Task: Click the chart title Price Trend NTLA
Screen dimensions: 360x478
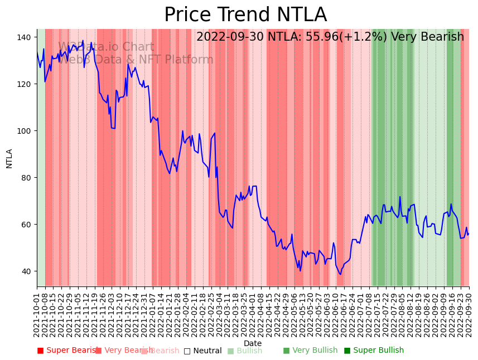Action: pyautogui.click(x=245, y=15)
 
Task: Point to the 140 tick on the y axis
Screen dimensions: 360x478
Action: pyautogui.click(x=24, y=37)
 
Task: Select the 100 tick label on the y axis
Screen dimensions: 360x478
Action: pyautogui.click(x=24, y=131)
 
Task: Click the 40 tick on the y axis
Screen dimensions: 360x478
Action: pyautogui.click(x=26, y=271)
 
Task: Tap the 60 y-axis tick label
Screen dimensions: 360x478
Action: pyautogui.click(x=26, y=225)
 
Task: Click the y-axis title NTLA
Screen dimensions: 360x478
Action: pyautogui.click(x=9, y=158)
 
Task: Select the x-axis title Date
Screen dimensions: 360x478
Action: pyautogui.click(x=253, y=343)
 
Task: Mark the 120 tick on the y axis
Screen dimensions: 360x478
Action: pyautogui.click(x=24, y=84)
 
